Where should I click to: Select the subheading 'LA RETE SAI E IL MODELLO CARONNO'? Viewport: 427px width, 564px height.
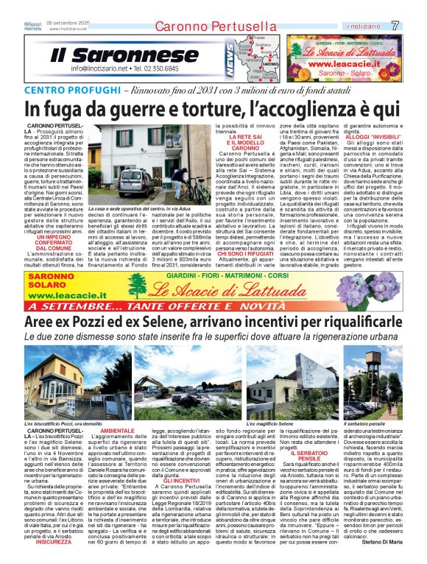(230, 142)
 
